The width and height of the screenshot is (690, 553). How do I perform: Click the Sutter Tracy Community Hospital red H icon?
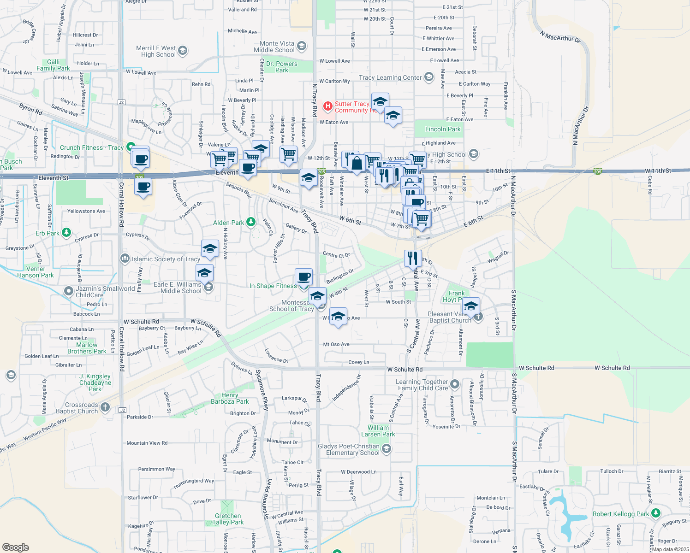coord(327,106)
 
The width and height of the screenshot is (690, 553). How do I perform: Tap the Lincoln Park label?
coord(443,129)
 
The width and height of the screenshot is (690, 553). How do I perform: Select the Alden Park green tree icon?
coord(251,223)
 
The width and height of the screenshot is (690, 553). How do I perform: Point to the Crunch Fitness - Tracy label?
coord(92,148)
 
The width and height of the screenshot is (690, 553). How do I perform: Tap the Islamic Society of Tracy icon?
coord(125,259)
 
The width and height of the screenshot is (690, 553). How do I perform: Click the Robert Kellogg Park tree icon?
coord(656,513)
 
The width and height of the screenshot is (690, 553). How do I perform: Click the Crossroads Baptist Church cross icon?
coord(105,407)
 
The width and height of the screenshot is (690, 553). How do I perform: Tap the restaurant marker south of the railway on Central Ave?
coord(413,258)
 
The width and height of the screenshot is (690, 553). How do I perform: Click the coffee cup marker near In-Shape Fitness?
coord(303,277)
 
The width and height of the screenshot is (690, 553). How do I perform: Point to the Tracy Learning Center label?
coord(390,77)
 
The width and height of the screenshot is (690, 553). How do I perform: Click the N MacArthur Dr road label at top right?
coord(560,36)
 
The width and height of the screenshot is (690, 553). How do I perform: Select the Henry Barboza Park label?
coord(230,398)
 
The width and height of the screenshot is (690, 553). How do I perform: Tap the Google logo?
coord(15,547)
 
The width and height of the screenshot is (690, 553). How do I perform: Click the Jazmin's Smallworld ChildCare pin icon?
coord(68,291)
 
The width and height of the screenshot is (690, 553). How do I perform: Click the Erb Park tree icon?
coord(66,232)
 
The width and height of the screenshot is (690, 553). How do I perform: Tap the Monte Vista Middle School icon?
coord(302,46)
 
